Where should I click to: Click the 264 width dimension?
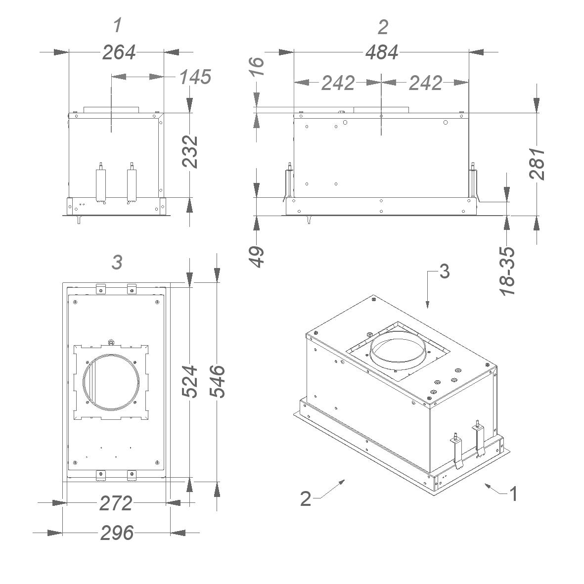(119, 52)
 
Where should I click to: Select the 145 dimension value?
(195, 77)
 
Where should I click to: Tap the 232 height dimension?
(190, 152)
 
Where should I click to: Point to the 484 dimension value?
(382, 52)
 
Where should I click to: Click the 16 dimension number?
(257, 67)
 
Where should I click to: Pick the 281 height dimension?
(537, 164)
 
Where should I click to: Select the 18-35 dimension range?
(507, 271)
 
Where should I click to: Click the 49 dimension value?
(257, 257)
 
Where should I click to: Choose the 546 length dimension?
(217, 382)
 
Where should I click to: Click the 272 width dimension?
(116, 503)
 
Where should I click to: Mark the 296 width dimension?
(117, 533)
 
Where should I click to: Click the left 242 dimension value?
(338, 83)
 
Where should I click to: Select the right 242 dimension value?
(425, 83)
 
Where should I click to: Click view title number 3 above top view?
(117, 263)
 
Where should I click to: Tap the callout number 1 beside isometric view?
(513, 494)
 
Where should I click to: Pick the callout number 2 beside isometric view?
(306, 498)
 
